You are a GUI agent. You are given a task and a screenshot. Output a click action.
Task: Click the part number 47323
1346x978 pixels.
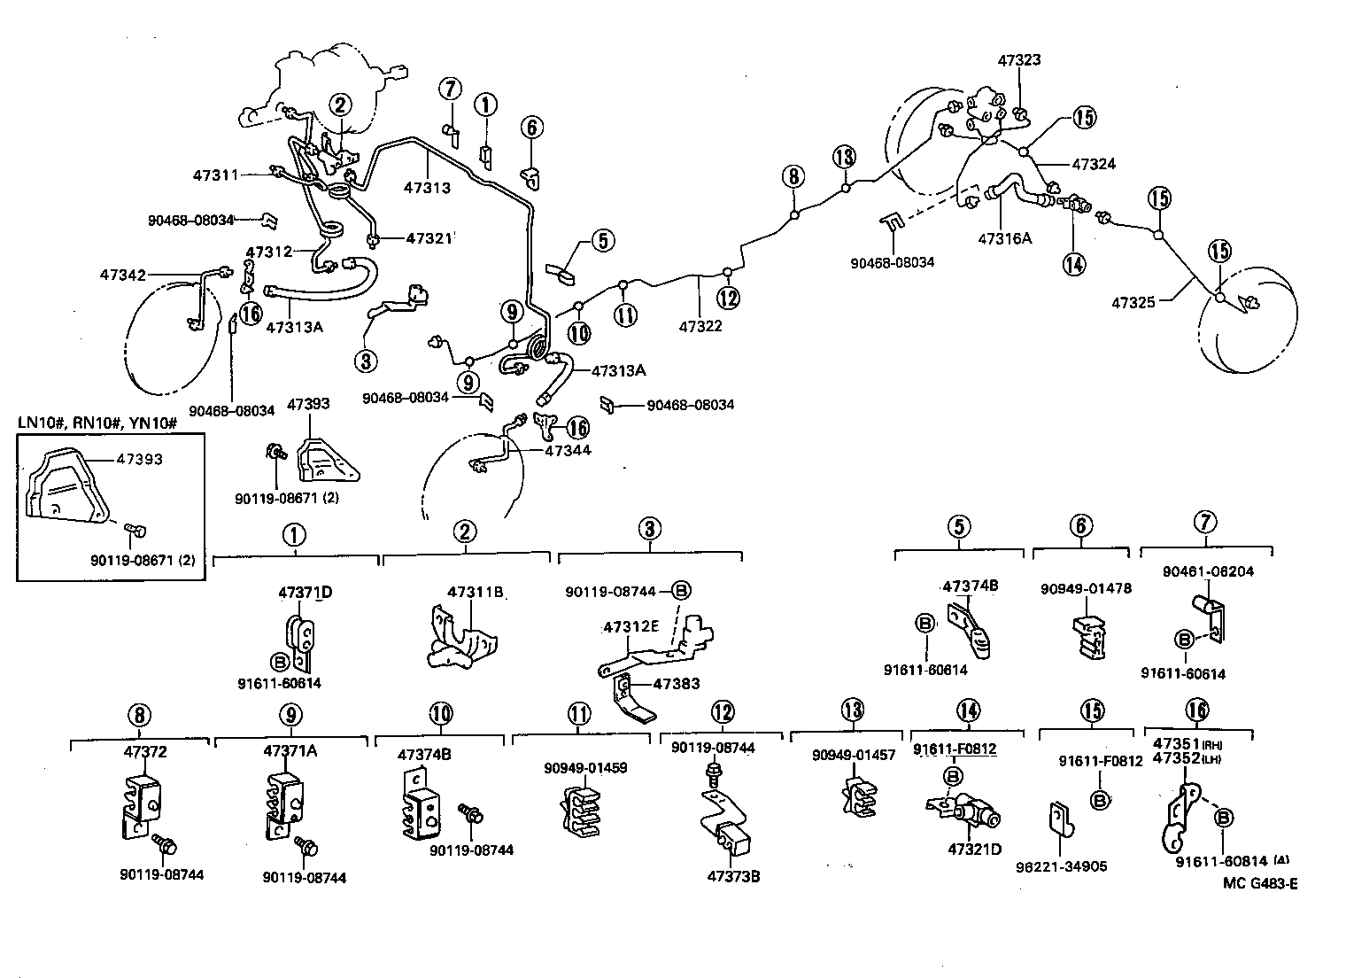click(1018, 60)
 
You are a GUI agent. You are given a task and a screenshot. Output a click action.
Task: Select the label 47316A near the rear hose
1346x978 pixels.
click(1006, 238)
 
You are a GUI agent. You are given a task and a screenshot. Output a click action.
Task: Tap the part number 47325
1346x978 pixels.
click(1133, 303)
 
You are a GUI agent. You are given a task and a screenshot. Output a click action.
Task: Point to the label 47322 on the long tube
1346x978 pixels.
click(700, 326)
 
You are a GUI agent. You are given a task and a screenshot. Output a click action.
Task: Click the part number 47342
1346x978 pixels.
click(122, 276)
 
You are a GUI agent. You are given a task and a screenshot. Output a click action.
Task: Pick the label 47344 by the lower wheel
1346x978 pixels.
click(568, 450)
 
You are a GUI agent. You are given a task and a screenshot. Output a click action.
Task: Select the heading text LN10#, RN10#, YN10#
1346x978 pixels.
click(98, 423)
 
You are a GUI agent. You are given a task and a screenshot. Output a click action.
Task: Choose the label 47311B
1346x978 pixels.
click(475, 592)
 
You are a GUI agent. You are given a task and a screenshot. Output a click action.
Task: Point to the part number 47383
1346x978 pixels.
click(677, 683)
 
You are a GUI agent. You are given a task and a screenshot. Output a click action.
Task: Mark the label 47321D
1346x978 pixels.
click(974, 849)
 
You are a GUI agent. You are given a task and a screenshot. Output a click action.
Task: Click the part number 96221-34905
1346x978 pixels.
click(1061, 866)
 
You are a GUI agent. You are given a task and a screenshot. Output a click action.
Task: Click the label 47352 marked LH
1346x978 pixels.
click(1174, 758)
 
